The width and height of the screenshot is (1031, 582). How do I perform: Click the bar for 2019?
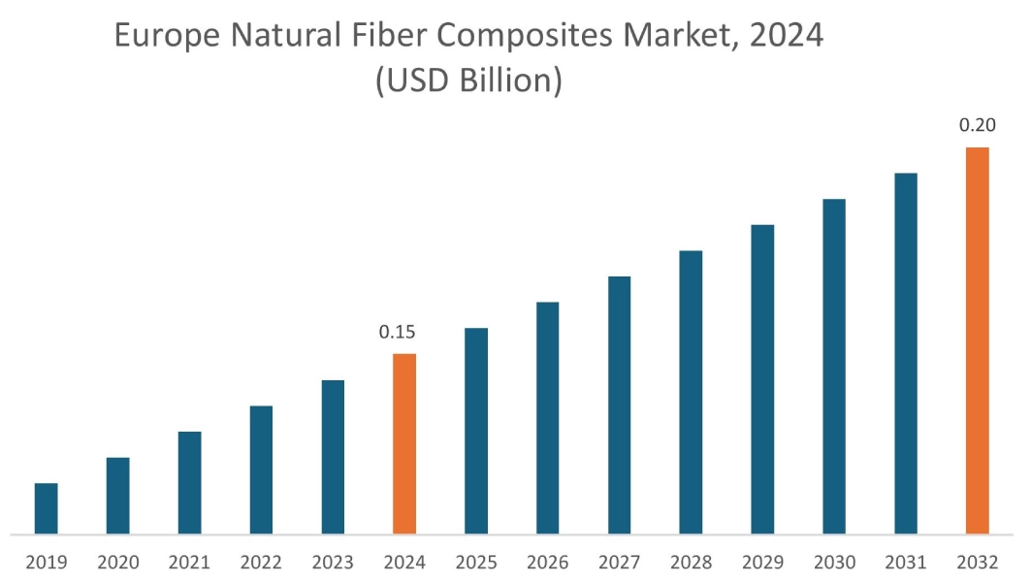[46, 508]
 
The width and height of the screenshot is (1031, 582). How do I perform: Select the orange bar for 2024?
[404, 443]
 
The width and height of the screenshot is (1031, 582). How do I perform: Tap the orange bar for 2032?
[978, 340]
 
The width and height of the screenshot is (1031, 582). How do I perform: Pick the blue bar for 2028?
[691, 392]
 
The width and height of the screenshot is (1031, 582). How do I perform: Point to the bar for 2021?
[189, 482]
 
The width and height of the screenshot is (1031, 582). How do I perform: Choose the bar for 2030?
[834, 366]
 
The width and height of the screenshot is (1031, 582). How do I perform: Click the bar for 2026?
[548, 418]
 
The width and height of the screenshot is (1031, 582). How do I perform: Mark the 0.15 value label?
[398, 333]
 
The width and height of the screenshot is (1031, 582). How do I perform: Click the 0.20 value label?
[977, 126]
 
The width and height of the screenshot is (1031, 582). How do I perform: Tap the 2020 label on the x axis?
[117, 563]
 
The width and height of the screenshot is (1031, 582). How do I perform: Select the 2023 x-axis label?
[333, 563]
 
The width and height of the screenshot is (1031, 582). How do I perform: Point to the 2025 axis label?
[476, 563]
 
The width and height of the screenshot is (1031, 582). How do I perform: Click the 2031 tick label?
[906, 563]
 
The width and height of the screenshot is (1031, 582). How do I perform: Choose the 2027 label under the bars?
[620, 563]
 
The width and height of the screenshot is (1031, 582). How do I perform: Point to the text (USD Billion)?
[469, 81]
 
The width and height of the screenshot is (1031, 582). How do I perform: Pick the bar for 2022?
[261, 469]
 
